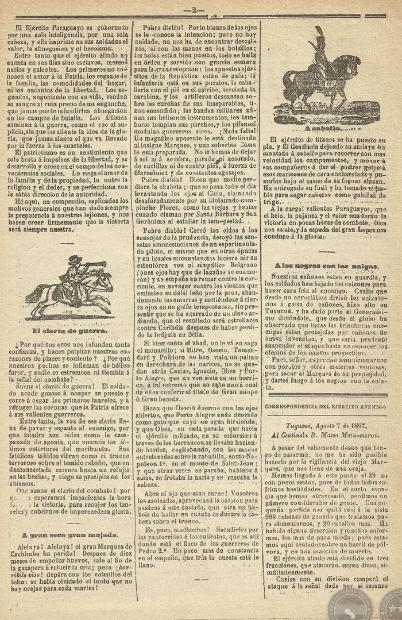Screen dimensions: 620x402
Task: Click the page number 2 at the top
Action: [195, 9]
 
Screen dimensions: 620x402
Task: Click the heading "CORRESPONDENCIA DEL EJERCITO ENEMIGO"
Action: [325, 406]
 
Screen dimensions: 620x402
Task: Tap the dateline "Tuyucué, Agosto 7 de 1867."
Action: [325, 419]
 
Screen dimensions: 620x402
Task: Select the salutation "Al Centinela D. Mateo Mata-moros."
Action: [325, 429]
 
